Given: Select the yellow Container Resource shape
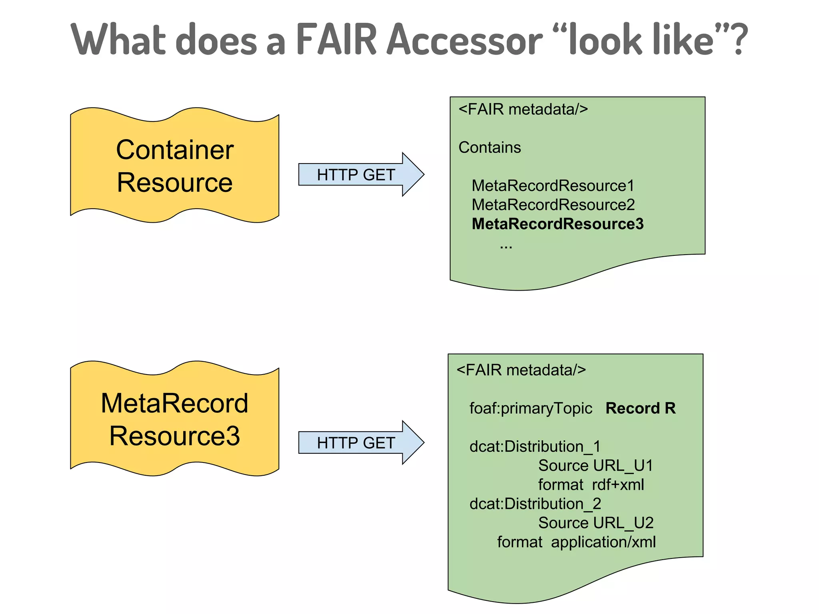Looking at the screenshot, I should [x=175, y=165].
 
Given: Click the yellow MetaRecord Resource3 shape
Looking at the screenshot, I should [x=175, y=419].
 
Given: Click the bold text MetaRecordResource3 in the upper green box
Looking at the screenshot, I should [x=557, y=224].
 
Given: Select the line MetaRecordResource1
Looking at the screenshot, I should [x=553, y=185].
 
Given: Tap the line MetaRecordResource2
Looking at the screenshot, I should [x=553, y=205].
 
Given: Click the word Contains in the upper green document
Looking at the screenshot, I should [x=489, y=148].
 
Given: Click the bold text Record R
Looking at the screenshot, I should [x=640, y=408].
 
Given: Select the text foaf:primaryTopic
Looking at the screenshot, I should [x=531, y=409].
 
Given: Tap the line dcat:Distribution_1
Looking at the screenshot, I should [x=535, y=447].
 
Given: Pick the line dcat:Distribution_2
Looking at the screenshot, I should [x=535, y=504].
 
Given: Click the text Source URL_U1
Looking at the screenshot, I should [x=595, y=466].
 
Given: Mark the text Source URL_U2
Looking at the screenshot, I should [x=595, y=523].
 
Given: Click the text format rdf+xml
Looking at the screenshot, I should [x=591, y=485].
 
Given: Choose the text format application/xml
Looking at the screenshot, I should [x=576, y=542].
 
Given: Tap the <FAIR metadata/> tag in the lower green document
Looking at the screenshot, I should [x=521, y=370].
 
